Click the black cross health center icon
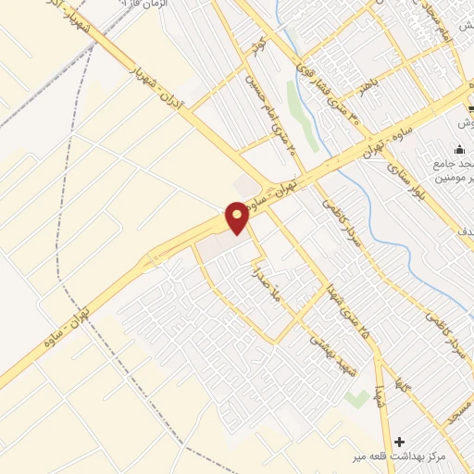400,441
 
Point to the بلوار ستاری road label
404,184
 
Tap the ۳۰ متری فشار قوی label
329,97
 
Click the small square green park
355,398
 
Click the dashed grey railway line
65,278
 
